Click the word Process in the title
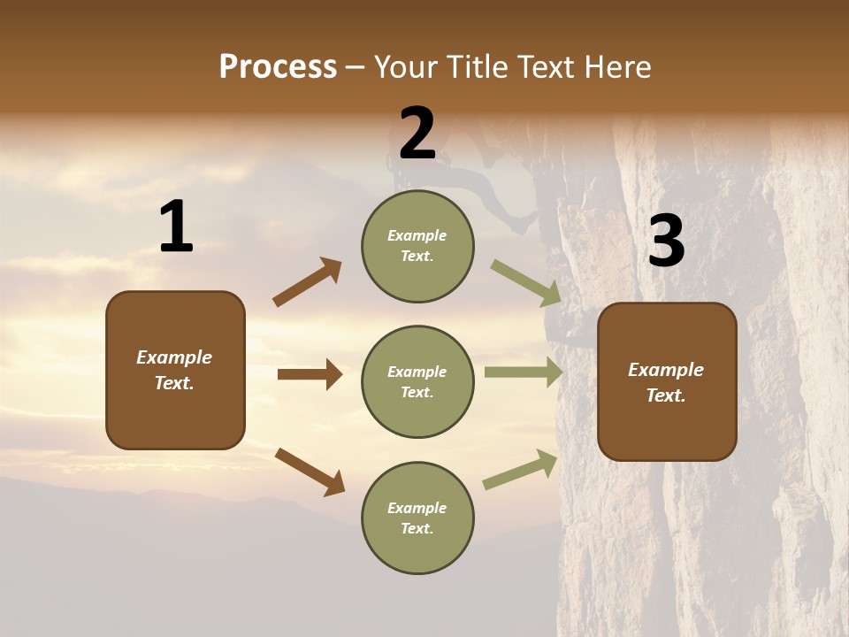pos(278,67)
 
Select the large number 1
pos(176,227)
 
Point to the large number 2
pos(417,134)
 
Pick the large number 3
pos(666,242)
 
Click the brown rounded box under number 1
pos(175,370)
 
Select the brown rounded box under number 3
pos(667,382)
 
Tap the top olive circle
pos(417,246)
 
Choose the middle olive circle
pos(417,382)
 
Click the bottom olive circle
pos(417,518)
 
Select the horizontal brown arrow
pos(310,374)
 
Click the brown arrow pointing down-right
pos(310,471)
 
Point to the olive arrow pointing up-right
pos(520,470)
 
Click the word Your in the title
pos(409,67)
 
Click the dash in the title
pos(356,68)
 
